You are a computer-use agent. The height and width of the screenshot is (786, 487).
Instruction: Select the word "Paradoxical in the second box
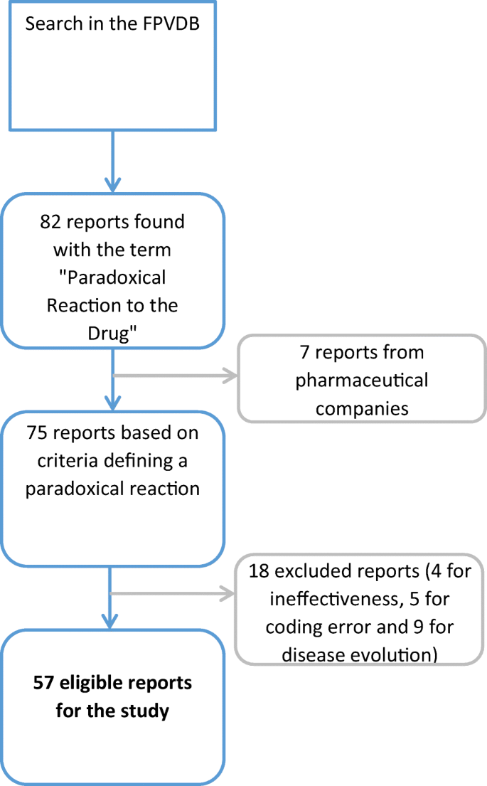point(113,277)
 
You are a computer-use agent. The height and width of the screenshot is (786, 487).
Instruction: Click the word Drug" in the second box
point(113,333)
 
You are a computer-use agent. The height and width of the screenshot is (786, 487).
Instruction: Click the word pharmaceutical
point(362,380)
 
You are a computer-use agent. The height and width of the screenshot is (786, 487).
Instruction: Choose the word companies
point(362,408)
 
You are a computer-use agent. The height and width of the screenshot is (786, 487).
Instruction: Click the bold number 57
point(44,683)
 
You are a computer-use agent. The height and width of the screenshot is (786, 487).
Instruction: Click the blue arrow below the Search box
point(113,164)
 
